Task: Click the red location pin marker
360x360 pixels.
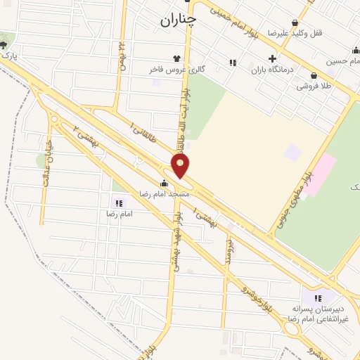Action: pos(181,166)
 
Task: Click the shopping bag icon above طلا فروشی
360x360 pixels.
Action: pos(313,75)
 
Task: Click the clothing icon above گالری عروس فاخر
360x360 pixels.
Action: pos(176,59)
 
